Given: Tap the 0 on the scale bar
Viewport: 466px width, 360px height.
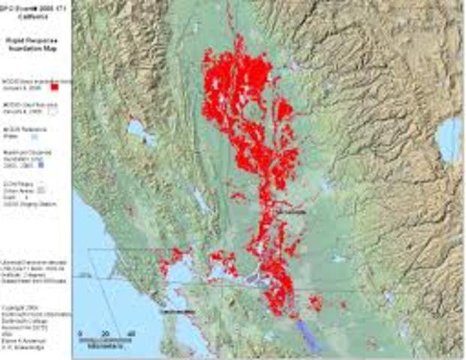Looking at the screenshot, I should coord(80,333).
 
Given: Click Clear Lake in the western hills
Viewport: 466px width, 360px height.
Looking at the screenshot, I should coord(140,131).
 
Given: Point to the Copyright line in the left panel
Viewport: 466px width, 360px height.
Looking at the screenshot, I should coord(30,307).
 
